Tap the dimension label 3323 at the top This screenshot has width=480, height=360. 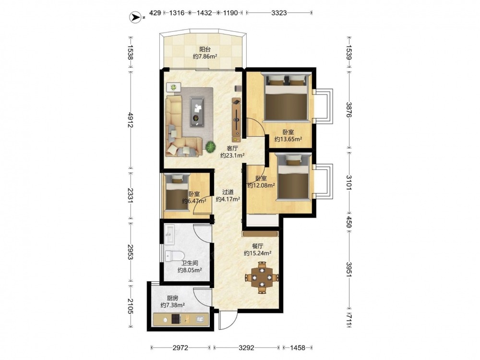(x=279, y=13)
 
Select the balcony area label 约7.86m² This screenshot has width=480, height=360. (x=205, y=56)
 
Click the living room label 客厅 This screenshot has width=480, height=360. (x=232, y=148)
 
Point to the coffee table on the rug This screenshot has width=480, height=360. (x=197, y=111)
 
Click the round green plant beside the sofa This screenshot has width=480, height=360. (x=210, y=147)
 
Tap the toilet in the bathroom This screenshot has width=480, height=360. (x=175, y=256)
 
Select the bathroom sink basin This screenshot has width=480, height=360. (x=169, y=235)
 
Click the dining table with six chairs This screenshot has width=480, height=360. (x=262, y=277)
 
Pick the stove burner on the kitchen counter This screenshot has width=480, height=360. (x=176, y=320)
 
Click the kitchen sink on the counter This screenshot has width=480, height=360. (x=200, y=319)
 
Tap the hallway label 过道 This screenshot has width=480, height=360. (x=228, y=192)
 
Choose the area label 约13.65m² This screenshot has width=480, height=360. (x=288, y=139)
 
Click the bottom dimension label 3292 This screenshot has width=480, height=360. (x=246, y=348)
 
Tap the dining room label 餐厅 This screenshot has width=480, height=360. (x=258, y=246)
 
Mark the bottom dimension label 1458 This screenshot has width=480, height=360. (x=298, y=348)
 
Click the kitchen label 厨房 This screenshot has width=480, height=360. (x=173, y=298)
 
